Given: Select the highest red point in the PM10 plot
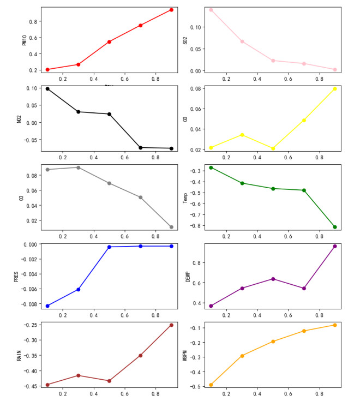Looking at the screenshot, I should tap(171, 10).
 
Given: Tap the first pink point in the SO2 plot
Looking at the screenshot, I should tap(211, 10).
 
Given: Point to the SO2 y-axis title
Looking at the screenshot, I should tap(185, 40).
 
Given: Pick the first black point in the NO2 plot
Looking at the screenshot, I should tap(47, 88).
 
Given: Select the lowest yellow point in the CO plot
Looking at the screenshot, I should tap(273, 148).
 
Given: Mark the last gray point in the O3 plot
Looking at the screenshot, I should tap(171, 227).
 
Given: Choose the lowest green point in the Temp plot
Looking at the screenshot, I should tap(335, 227).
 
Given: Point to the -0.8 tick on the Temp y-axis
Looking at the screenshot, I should tap(195, 225).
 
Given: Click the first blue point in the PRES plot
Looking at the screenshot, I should tap(47, 306).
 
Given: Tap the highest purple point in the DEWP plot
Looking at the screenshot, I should tap(335, 246).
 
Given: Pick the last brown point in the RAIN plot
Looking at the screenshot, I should tap(171, 325).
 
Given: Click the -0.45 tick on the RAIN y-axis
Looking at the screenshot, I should tap(29, 386).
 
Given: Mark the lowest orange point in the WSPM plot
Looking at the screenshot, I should tap(211, 385).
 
